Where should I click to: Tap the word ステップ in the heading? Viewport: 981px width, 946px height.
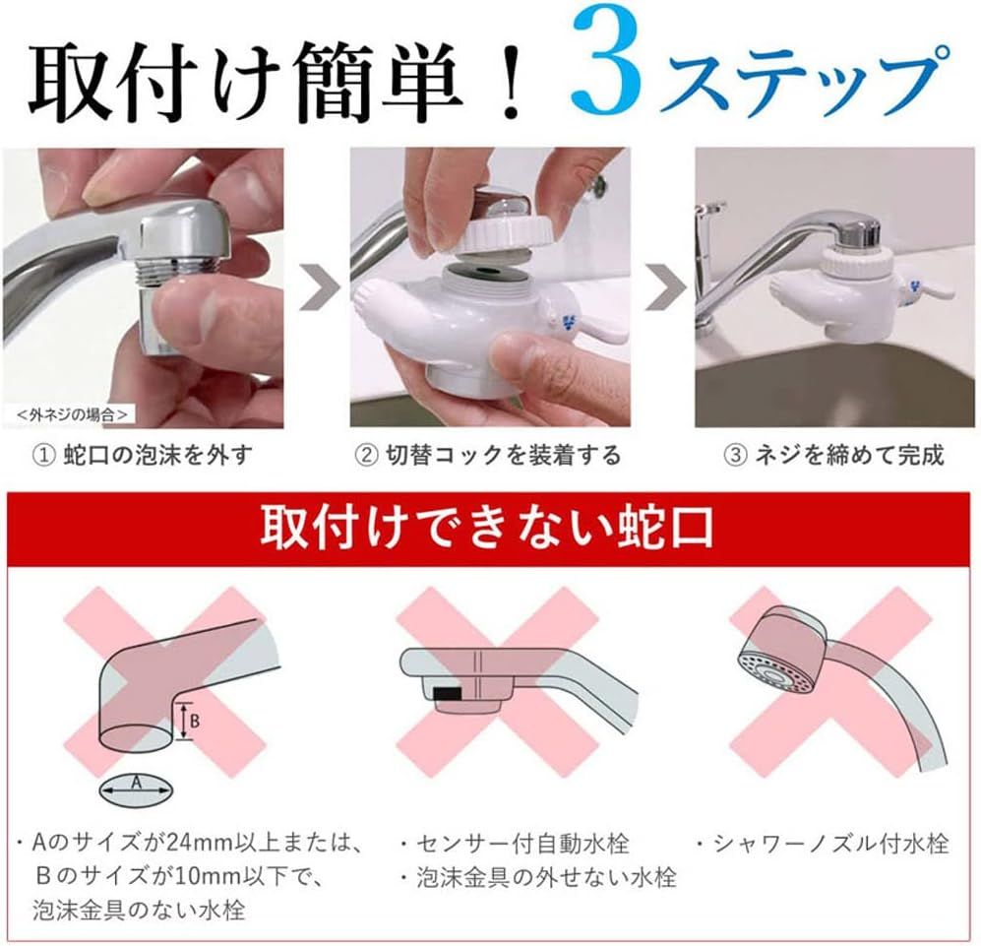pos(807,81)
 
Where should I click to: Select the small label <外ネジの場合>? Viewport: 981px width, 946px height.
pos(72,414)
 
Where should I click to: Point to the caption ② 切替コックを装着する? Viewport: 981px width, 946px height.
pos(488,454)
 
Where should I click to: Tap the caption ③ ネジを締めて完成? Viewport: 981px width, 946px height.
pos(834,454)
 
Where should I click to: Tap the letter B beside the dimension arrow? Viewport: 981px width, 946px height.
pos(195,720)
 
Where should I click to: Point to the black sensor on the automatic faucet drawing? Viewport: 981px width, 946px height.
pos(448,696)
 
